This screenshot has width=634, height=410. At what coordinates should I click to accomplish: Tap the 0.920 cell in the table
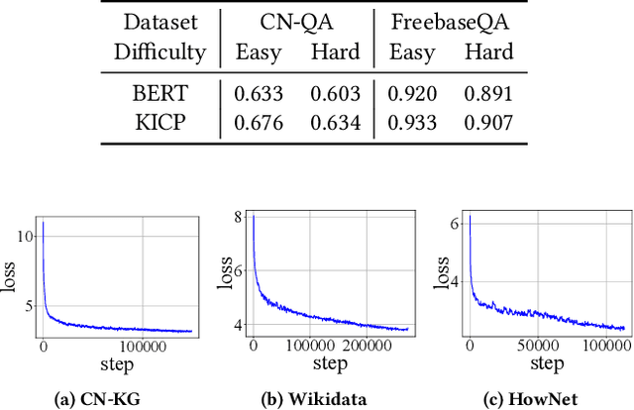[414, 94]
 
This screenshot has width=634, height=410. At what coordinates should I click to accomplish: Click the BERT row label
[158, 94]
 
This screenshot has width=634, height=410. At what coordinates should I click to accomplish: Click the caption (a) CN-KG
[96, 400]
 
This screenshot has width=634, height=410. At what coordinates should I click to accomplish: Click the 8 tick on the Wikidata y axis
[238, 218]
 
